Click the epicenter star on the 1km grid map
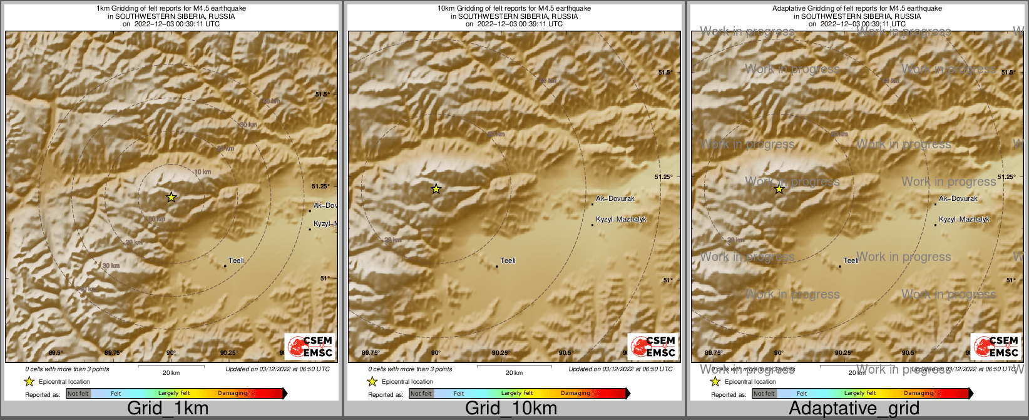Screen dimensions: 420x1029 (171, 197)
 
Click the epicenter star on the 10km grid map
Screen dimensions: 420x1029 (436, 188)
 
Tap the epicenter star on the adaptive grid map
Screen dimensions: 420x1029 (779, 188)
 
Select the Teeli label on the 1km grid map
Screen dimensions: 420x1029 (236, 260)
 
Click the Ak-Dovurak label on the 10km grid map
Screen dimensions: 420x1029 (615, 198)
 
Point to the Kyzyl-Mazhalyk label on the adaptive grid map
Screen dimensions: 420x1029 (964, 219)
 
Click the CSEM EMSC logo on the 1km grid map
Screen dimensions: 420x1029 (309, 346)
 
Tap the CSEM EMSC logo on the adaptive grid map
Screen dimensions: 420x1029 (995, 346)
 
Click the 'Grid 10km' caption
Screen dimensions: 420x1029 (511, 409)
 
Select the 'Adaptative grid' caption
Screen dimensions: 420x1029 (854, 409)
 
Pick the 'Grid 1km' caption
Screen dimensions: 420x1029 (168, 409)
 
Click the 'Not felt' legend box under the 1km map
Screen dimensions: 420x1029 (78, 394)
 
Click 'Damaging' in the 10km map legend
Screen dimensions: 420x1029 (575, 394)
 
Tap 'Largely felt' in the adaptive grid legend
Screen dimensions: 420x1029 (859, 394)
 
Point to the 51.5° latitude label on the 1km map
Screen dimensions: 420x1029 (321, 95)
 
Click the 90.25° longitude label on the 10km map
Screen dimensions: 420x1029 (500, 353)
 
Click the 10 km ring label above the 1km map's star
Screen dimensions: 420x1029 (202, 172)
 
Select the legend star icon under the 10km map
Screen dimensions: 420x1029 (372, 381)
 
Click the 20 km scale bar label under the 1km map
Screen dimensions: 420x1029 (171, 372)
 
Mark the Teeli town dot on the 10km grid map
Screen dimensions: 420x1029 (497, 267)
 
